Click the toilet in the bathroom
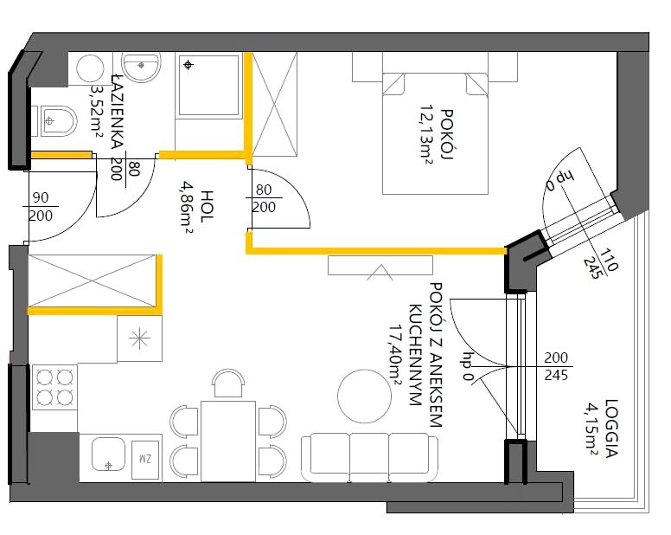(57, 121)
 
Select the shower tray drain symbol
(188, 65)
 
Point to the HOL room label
(207, 206)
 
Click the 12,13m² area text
(425, 135)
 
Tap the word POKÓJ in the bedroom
(446, 134)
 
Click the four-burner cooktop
(54, 387)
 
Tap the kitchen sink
(108, 454)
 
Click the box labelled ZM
(145, 460)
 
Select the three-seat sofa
(370, 457)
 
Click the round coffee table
(364, 396)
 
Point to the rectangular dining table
(228, 442)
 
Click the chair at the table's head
(229, 384)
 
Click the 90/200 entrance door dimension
(42, 206)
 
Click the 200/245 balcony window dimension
(556, 366)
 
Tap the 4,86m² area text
(187, 207)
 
